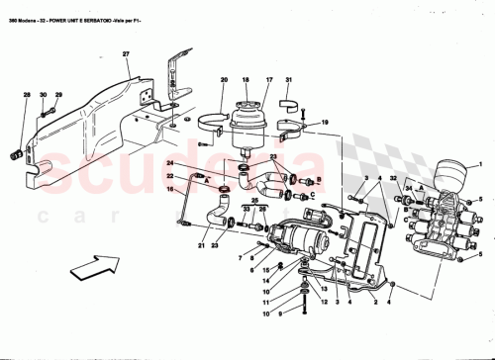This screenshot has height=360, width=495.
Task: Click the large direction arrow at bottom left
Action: [x=86, y=265]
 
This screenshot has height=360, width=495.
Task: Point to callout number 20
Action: [x=224, y=79]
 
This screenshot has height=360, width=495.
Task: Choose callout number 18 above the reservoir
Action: [x=245, y=79]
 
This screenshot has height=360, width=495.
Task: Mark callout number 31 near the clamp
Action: [x=288, y=79]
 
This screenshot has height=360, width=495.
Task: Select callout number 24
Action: [x=170, y=163]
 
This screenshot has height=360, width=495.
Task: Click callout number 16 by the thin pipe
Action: [x=170, y=189]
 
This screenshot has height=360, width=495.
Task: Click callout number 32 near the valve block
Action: [x=393, y=178]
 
